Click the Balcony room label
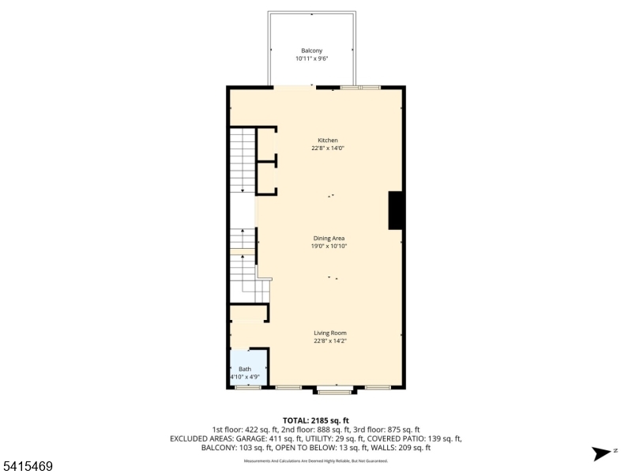coord(311,51)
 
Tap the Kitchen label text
coord(328,141)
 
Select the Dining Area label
coord(329,238)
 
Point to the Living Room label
coord(330,333)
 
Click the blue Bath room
coord(248,367)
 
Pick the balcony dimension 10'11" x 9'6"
coord(311,58)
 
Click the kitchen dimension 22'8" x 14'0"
coord(328,149)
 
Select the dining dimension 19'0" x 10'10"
coord(329,246)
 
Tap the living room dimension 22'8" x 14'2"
coord(330,341)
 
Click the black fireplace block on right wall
coord(396,210)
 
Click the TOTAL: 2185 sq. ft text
coord(316,419)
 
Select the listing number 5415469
coord(28,467)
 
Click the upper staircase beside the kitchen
coord(243,160)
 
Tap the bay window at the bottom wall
coord(335,390)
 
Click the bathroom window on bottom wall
coord(248,387)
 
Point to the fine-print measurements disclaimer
coord(316,461)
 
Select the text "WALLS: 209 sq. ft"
coord(400,448)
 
